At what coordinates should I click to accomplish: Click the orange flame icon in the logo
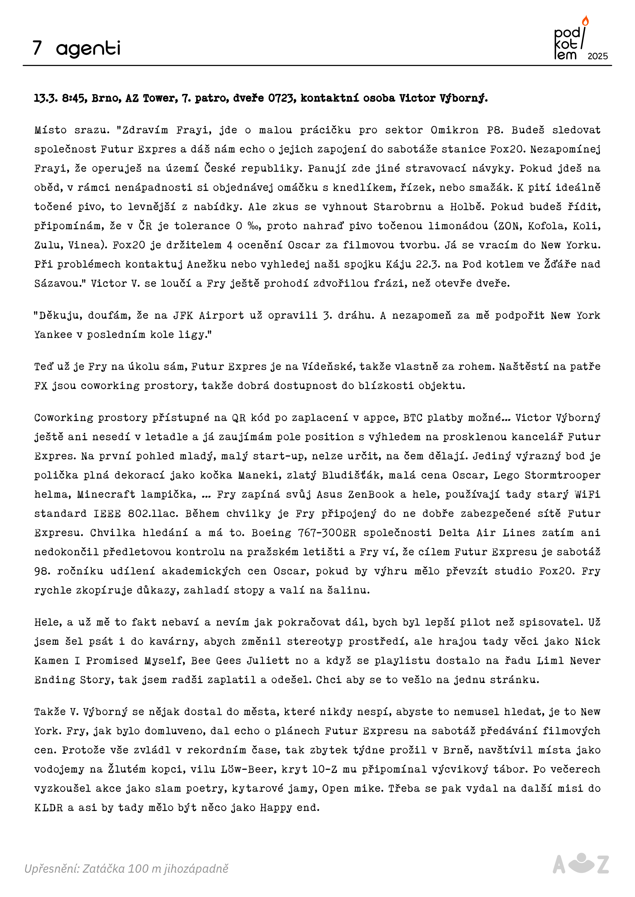(585, 21)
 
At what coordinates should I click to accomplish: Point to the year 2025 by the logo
(598, 56)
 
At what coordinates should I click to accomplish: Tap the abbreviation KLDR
(49, 807)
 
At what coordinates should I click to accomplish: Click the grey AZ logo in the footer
(581, 864)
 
